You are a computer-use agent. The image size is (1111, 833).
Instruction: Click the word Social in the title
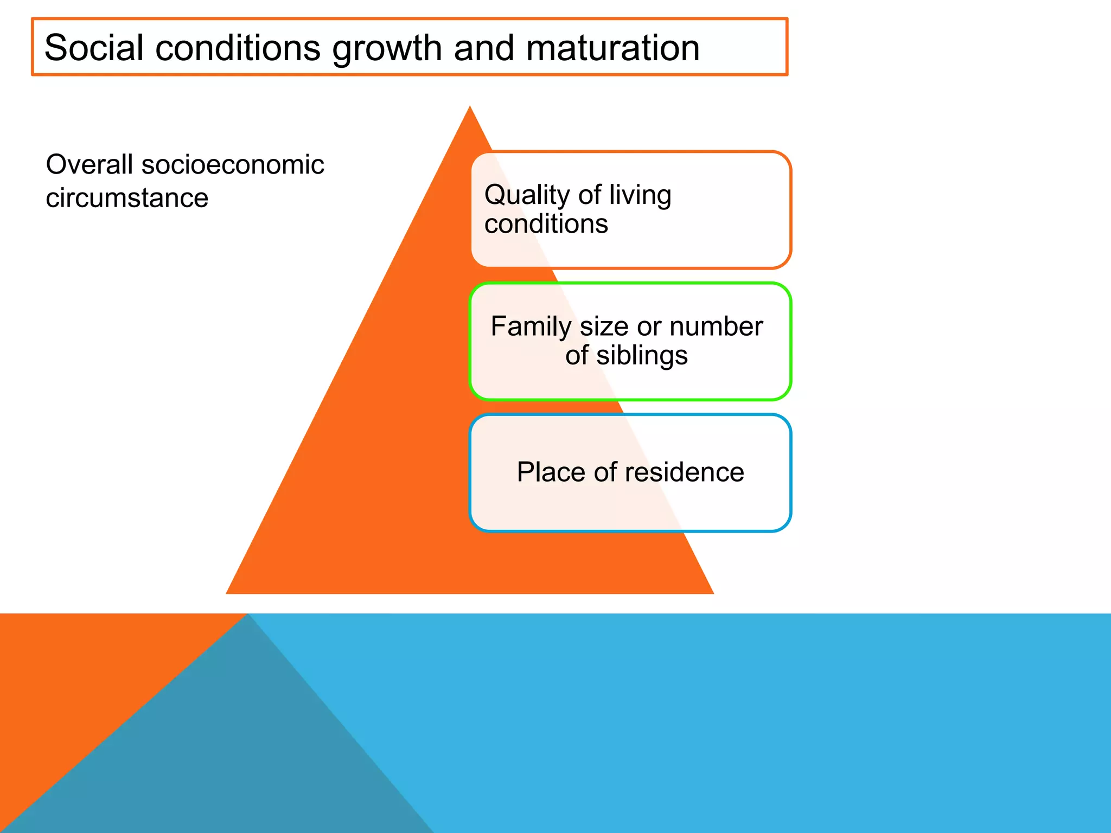click(x=93, y=48)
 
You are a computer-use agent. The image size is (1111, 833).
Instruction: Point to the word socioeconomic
click(x=233, y=164)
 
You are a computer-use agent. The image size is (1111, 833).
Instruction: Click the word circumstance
click(x=127, y=198)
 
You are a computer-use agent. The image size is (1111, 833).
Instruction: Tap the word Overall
click(x=89, y=164)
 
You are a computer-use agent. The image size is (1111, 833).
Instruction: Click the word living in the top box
click(x=640, y=196)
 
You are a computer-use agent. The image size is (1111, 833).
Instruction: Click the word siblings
click(x=642, y=356)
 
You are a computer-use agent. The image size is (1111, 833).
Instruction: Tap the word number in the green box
click(x=716, y=326)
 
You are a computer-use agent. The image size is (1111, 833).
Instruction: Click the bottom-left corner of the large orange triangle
click(x=227, y=593)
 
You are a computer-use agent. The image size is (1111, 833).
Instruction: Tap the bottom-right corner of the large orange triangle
click(x=712, y=593)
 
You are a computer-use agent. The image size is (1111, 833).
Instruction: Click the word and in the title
click(x=483, y=48)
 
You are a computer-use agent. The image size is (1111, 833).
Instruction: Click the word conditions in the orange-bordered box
click(x=546, y=224)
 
